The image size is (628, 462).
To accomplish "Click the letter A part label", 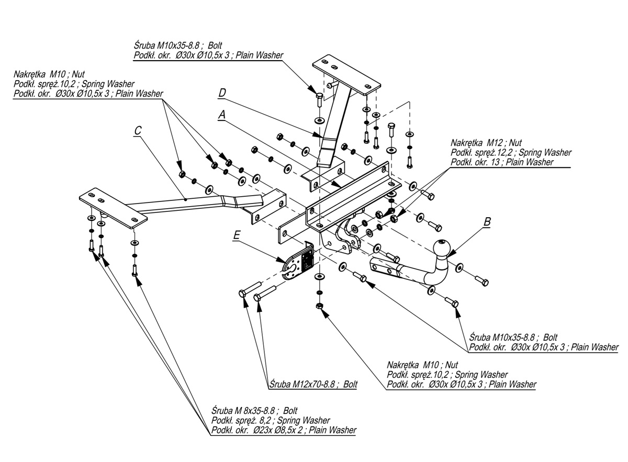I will [x=222, y=114].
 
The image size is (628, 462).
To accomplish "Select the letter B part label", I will [x=487, y=221].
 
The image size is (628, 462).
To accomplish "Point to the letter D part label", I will [x=222, y=93].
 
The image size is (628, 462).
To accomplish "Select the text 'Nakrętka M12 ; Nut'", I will [x=486, y=142].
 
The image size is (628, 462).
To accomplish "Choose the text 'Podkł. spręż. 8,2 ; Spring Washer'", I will [x=270, y=421].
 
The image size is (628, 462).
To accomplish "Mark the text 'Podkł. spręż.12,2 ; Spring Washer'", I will [x=510, y=152].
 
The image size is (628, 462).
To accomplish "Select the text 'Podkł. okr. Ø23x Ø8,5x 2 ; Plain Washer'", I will [x=284, y=431].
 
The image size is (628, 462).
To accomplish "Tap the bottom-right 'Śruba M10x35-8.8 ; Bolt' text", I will [x=513, y=337].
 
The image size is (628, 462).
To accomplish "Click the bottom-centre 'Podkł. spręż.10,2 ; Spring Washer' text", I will [x=447, y=375].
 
